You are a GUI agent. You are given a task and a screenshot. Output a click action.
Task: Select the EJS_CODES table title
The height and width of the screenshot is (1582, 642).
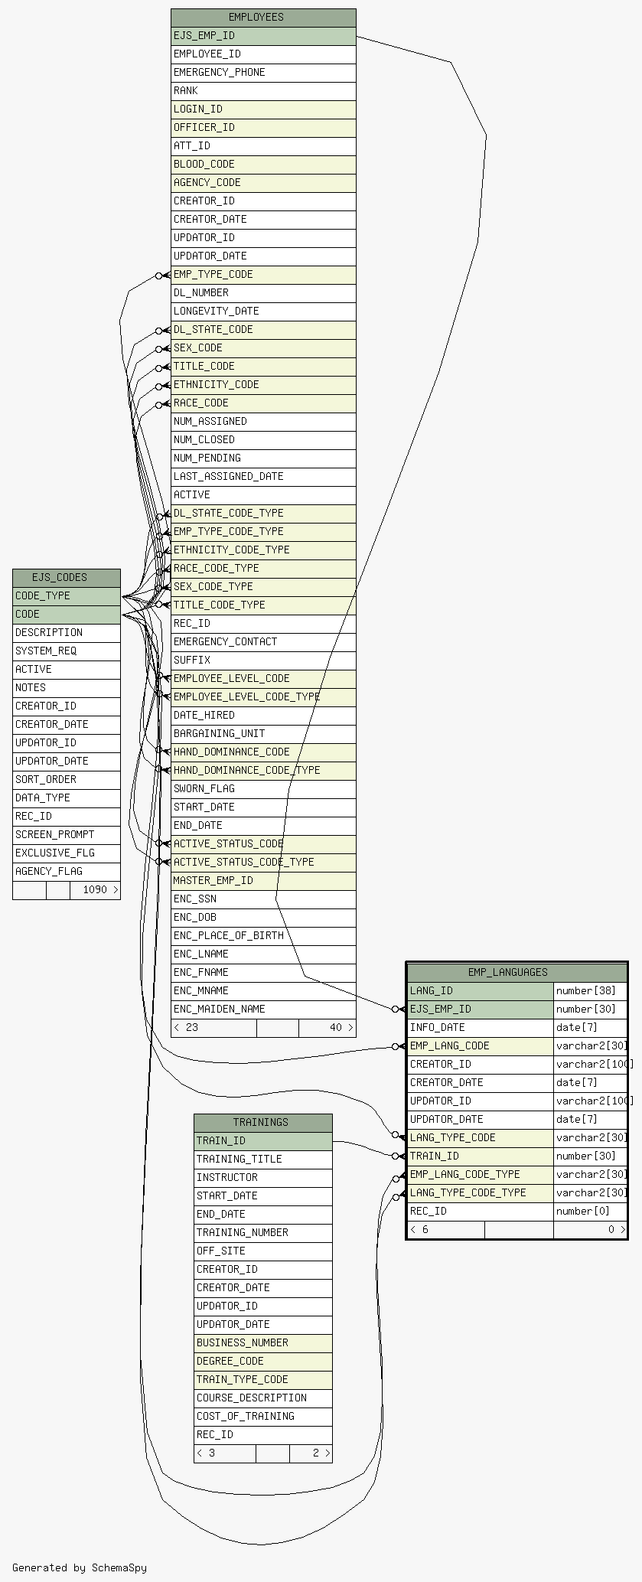pyautogui.click(x=67, y=578)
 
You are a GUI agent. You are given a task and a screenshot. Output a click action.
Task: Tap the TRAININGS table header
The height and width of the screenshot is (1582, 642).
pyautogui.click(x=263, y=1123)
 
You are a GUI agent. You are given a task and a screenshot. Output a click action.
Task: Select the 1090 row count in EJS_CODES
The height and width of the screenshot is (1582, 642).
pyautogui.click(x=96, y=890)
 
